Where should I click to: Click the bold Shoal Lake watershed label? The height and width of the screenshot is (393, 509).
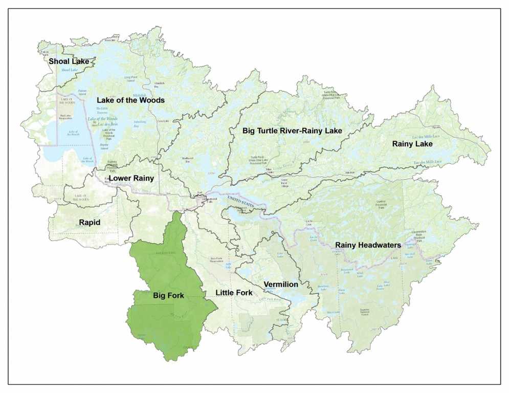click(69, 61)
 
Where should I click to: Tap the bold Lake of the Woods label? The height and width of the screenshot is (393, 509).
click(130, 100)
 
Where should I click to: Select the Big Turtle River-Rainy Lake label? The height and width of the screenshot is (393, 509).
click(292, 131)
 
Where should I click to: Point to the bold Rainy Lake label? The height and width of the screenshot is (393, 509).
click(412, 144)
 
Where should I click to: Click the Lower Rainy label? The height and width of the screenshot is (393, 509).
click(131, 179)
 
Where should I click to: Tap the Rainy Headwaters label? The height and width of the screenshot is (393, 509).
click(368, 245)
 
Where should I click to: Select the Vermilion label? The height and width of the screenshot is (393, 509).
click(280, 284)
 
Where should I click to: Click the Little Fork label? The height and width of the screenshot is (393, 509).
click(234, 293)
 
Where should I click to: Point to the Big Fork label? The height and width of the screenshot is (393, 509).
click(168, 295)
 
